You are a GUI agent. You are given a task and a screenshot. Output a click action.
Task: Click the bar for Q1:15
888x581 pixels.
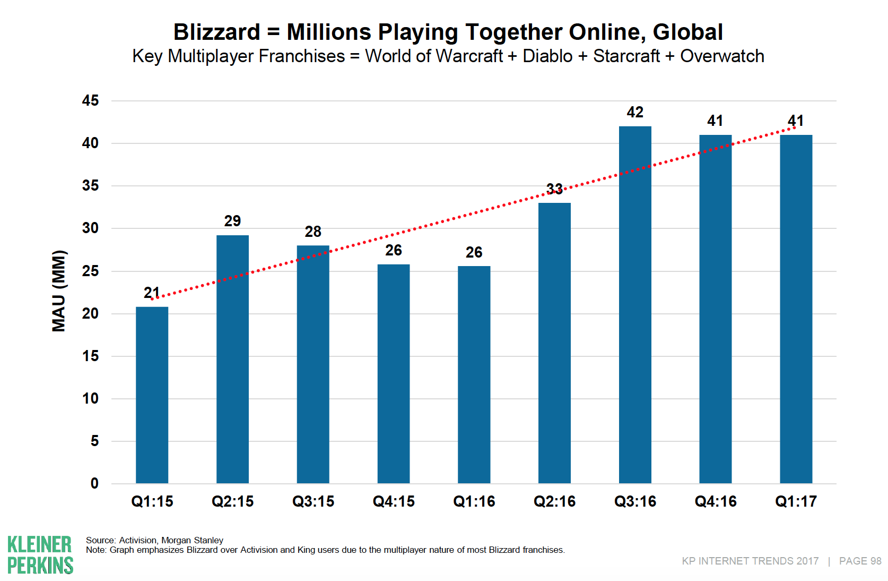click(152, 395)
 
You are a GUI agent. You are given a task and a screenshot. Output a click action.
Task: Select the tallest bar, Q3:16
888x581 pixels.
click(635, 305)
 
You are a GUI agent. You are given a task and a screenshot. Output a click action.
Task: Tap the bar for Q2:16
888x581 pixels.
click(554, 343)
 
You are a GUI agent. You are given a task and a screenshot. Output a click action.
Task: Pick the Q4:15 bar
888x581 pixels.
click(394, 374)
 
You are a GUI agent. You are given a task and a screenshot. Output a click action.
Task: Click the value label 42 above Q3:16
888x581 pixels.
click(635, 113)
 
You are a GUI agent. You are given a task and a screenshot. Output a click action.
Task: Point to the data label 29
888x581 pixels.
click(232, 221)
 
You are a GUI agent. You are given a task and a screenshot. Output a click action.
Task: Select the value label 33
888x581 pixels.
click(554, 189)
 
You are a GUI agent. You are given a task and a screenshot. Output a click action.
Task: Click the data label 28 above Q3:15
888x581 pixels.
click(313, 232)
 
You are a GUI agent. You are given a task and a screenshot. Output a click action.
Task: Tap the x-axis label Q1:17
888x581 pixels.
click(796, 501)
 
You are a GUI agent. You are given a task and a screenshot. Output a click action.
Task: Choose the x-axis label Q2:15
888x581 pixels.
click(232, 501)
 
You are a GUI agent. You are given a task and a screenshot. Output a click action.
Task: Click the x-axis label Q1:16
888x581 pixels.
click(474, 501)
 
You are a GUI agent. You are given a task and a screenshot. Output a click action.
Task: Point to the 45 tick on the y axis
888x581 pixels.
click(91, 100)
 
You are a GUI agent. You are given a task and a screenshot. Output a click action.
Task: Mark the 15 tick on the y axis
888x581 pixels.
click(91, 356)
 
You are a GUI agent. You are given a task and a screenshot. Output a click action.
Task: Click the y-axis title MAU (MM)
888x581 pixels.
click(59, 291)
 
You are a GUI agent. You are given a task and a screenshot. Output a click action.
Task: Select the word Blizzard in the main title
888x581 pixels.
click(216, 32)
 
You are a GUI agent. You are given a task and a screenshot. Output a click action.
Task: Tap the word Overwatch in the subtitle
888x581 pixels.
click(722, 56)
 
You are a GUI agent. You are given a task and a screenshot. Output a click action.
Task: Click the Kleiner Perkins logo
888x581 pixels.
click(40, 555)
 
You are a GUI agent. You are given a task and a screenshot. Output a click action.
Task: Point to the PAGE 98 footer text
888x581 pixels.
click(860, 561)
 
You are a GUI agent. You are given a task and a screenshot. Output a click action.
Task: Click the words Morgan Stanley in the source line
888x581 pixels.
click(192, 540)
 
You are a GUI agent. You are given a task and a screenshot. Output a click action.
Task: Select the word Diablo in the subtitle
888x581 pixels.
click(547, 56)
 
